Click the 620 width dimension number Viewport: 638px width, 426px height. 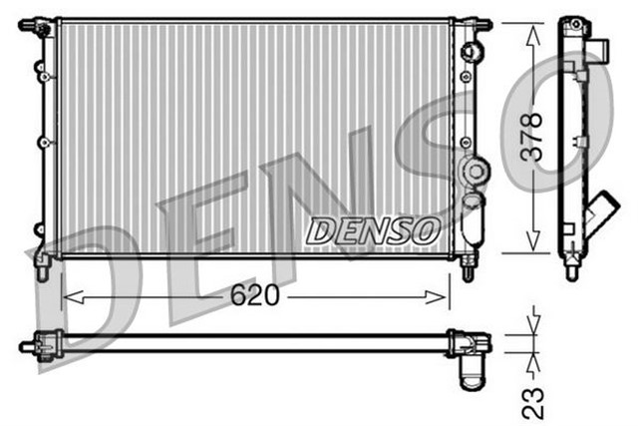[255, 296]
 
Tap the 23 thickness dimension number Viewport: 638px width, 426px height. [534, 401]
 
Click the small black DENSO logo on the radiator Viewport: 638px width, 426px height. [372, 230]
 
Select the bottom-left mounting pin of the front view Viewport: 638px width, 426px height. [42, 266]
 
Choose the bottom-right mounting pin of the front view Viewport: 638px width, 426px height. [470, 266]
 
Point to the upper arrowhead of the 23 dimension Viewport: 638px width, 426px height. [536, 325]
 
